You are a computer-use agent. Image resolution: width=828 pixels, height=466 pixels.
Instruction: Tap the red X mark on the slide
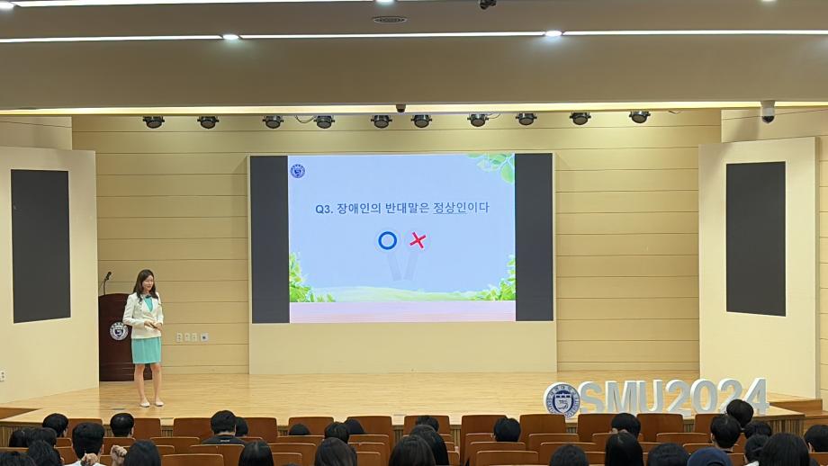pos(418,241)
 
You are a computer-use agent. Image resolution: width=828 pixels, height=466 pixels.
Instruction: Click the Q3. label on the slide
pos(323,209)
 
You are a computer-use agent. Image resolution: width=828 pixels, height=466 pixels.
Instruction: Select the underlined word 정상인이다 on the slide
pos(461,208)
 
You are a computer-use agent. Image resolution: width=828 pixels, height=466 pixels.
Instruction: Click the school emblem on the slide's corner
pos(298,171)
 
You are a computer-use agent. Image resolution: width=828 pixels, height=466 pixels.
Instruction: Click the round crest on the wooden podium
pos(119,331)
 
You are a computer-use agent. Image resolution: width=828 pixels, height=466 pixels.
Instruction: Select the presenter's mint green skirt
pos(147,351)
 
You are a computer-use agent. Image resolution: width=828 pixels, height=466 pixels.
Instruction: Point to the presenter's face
pos(148,282)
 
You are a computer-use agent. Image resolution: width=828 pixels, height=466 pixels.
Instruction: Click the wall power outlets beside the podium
pos(193,336)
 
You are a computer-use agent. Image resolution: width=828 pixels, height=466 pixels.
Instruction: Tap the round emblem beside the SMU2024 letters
pos(562,400)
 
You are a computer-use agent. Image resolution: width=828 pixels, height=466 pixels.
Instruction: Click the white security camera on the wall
pos(768,112)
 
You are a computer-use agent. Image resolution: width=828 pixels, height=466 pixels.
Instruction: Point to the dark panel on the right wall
pos(756,238)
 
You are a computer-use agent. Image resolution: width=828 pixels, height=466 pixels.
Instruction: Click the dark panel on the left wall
pos(40,246)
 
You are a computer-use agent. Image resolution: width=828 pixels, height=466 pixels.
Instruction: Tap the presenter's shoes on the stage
pos(151,403)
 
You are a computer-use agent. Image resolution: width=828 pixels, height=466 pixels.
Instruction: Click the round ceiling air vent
pos(389,20)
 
